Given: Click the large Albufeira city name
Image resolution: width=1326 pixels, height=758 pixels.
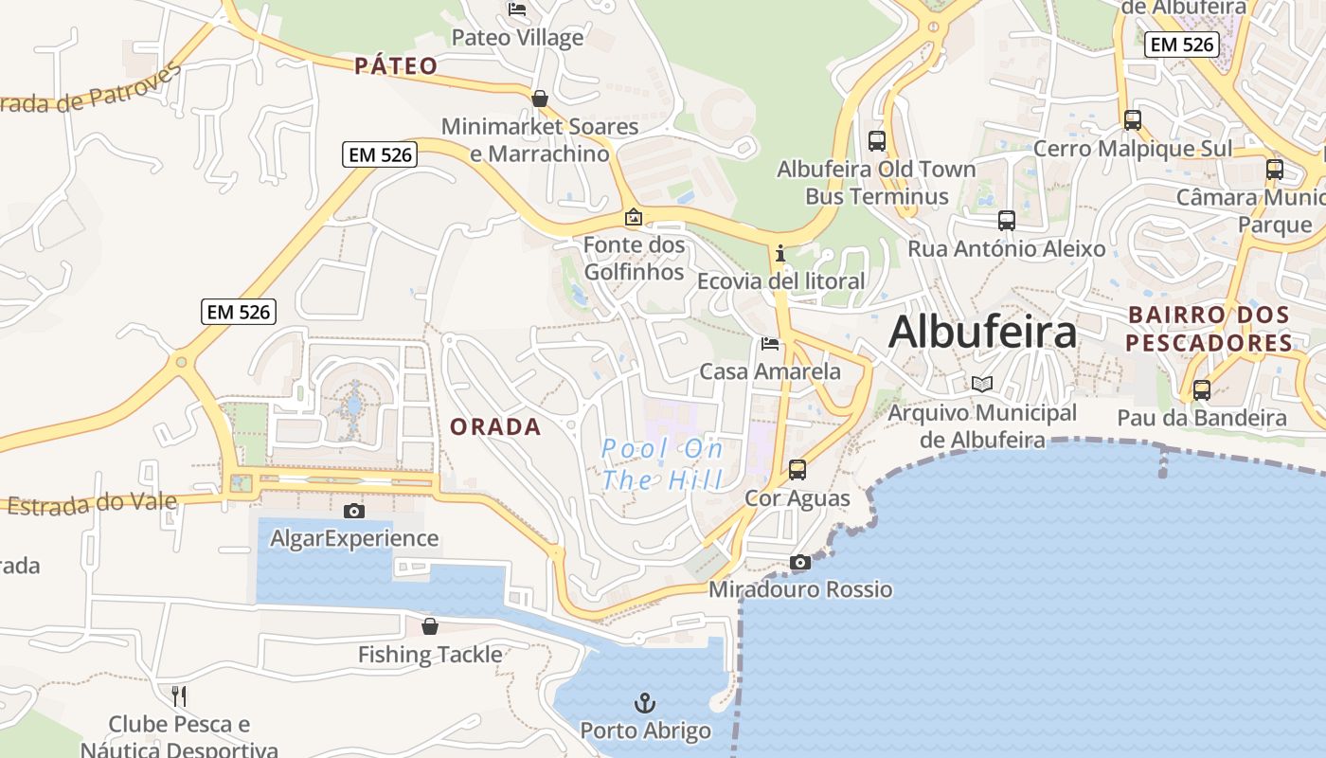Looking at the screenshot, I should click(983, 333).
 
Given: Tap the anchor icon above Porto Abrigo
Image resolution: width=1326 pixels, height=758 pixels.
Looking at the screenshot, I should click(644, 703).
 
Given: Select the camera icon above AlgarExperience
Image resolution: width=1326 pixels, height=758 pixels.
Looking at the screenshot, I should click(354, 512).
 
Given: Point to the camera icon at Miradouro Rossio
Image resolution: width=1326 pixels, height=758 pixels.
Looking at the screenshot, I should click(800, 563).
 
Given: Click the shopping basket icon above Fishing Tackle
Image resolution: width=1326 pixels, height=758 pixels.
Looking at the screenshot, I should click(430, 626).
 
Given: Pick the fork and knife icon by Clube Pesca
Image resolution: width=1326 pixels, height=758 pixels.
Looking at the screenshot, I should click(179, 696).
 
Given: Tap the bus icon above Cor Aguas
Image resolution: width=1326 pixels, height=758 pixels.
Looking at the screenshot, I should click(797, 470).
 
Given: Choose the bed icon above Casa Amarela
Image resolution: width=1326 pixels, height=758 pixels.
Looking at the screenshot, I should click(770, 344).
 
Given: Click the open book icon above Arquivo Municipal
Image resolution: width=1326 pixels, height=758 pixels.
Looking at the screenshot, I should click(982, 385).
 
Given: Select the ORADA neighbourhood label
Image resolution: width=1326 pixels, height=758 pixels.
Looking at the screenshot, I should click(495, 427).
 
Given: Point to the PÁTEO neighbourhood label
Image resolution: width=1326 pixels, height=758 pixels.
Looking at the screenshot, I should click(397, 66).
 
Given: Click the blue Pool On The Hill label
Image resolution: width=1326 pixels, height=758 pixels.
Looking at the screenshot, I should click(662, 463).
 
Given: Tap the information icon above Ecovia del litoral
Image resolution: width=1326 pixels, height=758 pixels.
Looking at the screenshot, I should click(780, 253).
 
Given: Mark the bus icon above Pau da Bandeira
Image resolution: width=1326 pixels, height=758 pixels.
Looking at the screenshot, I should click(1202, 389).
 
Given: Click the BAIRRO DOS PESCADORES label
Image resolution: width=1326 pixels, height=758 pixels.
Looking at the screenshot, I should click(1210, 329).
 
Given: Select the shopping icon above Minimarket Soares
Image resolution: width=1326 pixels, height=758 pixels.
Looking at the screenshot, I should click(540, 99).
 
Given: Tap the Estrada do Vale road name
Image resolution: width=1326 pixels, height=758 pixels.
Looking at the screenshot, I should click(92, 503).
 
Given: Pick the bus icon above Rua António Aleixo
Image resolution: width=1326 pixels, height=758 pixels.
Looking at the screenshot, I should click(1007, 221).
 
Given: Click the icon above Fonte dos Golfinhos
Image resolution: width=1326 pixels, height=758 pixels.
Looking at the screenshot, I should click(633, 218).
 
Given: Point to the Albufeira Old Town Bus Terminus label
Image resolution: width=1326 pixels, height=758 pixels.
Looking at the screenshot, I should click(876, 183).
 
